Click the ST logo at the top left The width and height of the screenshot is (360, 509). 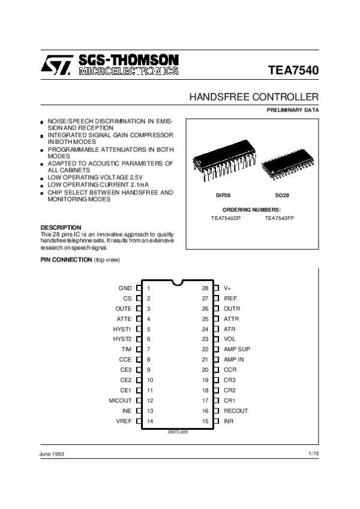point(57,65)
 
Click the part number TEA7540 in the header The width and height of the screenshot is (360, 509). point(293,70)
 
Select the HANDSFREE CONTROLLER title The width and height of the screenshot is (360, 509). point(254,97)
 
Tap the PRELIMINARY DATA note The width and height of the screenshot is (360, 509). point(293,110)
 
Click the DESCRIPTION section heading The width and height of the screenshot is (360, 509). point(61,227)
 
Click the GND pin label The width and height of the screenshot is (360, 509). point(125,288)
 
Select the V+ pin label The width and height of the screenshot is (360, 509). point(227,288)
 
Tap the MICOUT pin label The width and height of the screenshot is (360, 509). point(120,400)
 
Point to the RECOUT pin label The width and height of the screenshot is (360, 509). point(235,411)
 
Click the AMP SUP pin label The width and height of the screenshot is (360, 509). point(236,349)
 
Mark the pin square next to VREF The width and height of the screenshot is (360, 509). point(139,421)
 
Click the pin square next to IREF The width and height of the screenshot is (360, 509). point(216,298)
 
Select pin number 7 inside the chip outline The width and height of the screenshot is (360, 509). point(148,349)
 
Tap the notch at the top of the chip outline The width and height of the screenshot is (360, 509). point(177,282)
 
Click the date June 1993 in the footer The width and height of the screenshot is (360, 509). point(52,454)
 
